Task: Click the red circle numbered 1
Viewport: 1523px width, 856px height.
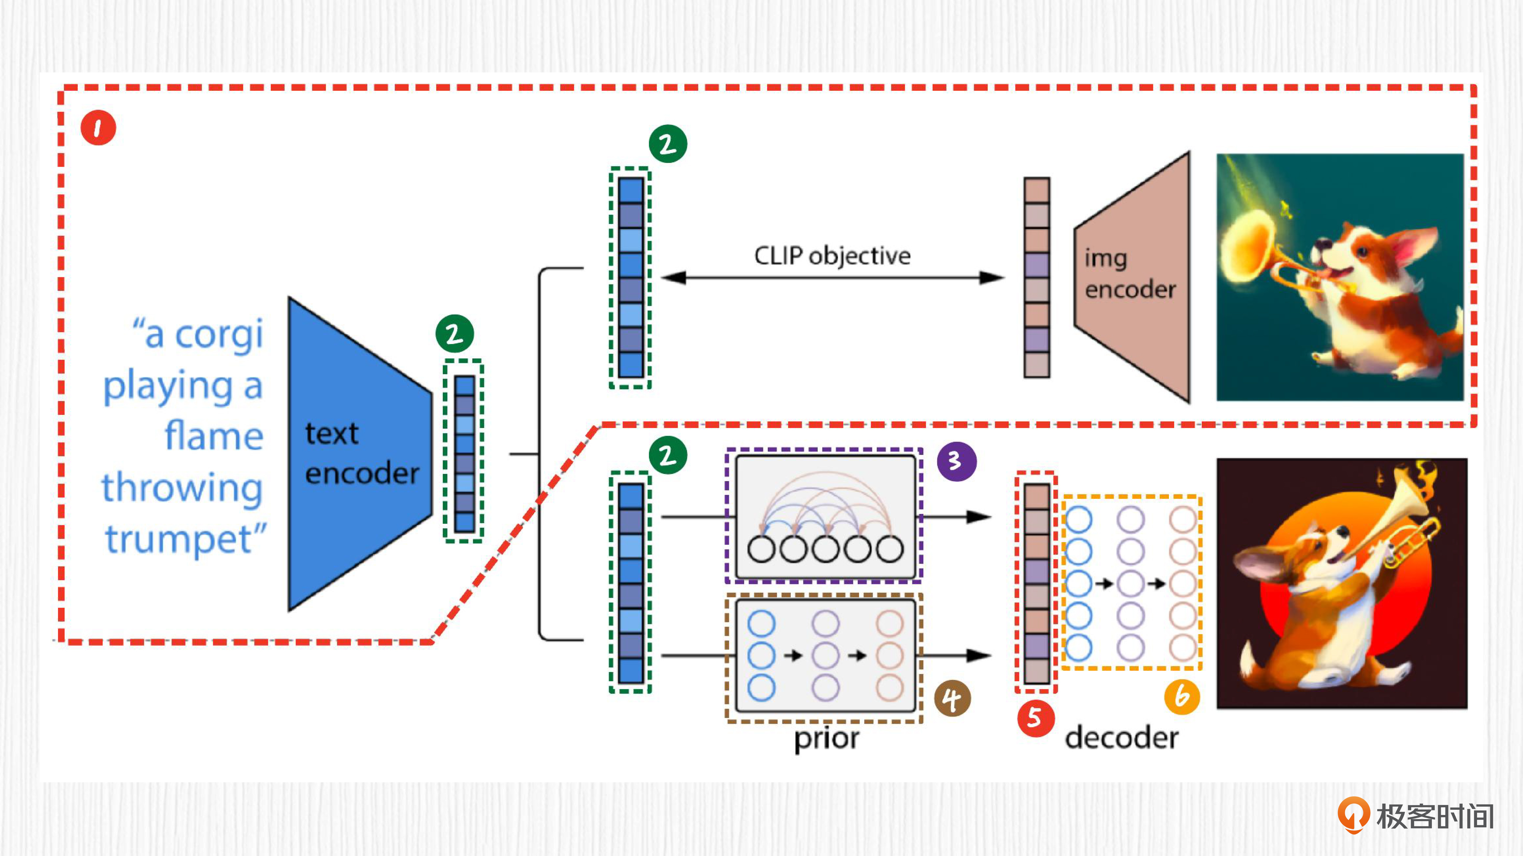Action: (98, 128)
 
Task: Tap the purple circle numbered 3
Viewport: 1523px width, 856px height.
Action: (956, 461)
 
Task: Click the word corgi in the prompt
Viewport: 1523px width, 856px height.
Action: (219, 334)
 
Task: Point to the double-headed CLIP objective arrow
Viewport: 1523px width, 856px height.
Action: (832, 278)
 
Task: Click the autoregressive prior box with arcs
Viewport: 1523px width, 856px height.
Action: (825, 516)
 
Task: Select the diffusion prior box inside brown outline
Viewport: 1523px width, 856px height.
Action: (825, 656)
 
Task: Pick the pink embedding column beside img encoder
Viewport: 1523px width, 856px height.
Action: (1036, 277)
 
